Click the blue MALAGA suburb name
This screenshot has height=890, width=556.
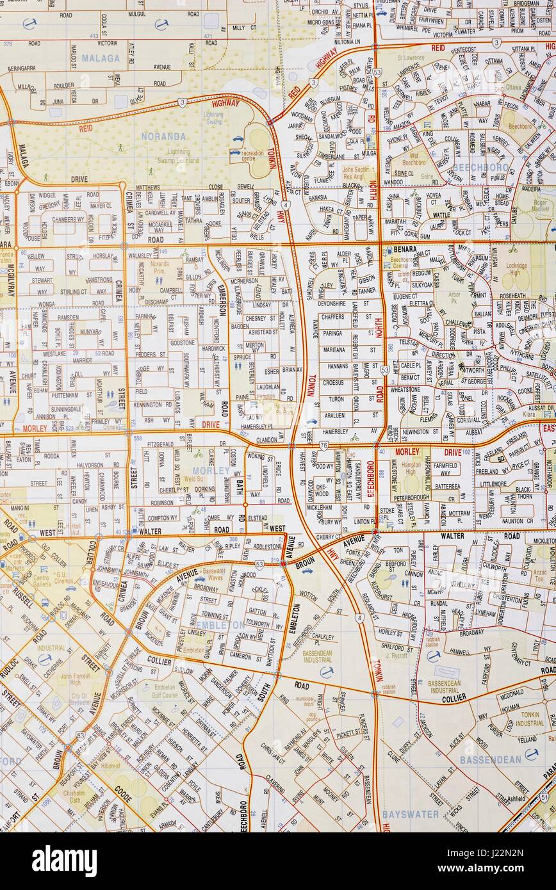[x=100, y=58]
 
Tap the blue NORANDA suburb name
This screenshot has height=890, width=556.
[x=164, y=136]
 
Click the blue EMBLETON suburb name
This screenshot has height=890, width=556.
[x=219, y=625]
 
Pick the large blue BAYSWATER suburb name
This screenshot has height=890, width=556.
[x=410, y=814]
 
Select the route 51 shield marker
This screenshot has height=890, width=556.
[x=544, y=797]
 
